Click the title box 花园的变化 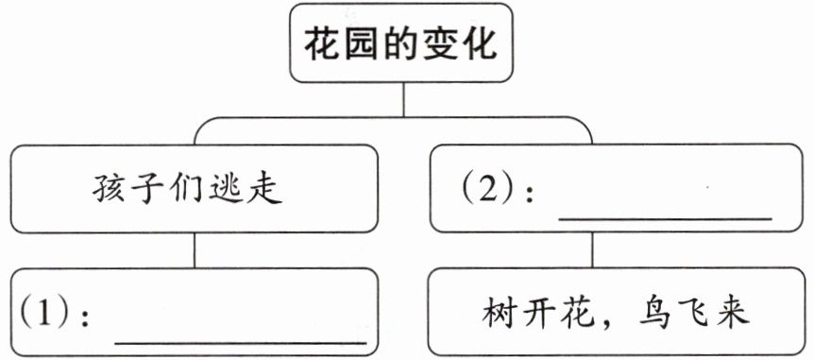coord(400,43)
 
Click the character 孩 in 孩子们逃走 coord(110,190)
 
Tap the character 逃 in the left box coord(226,191)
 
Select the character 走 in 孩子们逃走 coord(264,190)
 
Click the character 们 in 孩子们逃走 coord(187,190)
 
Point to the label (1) coord(44,314)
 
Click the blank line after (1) coord(241,343)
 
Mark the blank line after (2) coord(666,218)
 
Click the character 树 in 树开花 coord(500,314)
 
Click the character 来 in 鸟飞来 coord(733,314)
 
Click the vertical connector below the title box coord(403,99)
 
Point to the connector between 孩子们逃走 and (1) coord(195,249)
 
